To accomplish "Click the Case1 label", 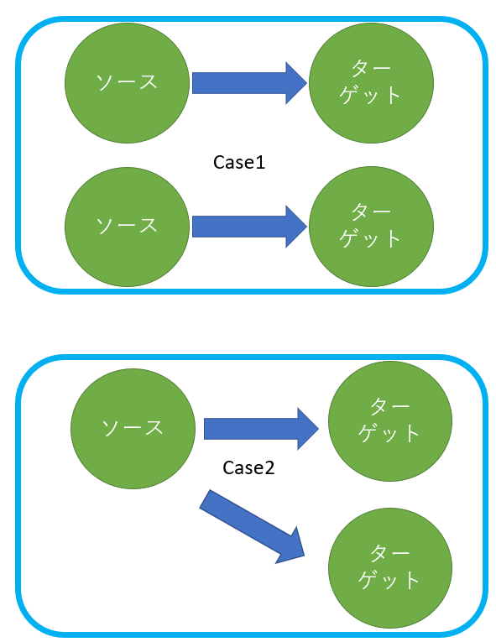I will pos(239,162).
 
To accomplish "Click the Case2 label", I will pos(248,467).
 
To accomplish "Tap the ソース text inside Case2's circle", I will pos(133,427).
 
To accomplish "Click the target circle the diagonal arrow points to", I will pos(389,568).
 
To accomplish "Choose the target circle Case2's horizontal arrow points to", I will pos(389,420).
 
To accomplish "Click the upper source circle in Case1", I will pos(127,82).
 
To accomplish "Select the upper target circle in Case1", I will pos(371,82).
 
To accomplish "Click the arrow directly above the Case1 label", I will pos(250,82).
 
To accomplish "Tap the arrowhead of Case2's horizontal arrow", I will pos(307,429).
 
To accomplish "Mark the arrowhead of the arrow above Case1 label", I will pos(296,82).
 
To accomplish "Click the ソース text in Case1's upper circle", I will pos(127,82).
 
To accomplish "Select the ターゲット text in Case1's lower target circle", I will pos(371,225).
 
